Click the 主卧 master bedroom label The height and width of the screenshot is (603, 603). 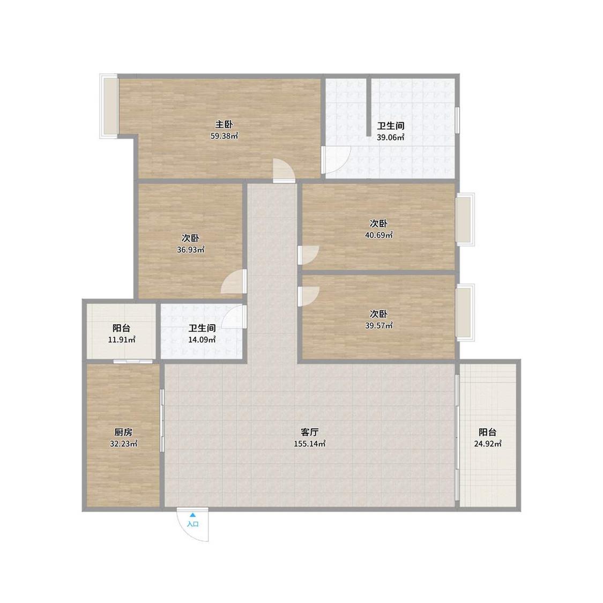(x=224, y=124)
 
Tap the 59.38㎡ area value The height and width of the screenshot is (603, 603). (x=224, y=136)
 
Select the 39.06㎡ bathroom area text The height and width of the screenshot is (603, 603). (x=390, y=137)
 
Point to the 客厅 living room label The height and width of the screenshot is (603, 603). (x=310, y=432)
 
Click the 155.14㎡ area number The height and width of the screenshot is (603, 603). (x=310, y=443)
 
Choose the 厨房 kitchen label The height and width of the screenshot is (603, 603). (x=123, y=432)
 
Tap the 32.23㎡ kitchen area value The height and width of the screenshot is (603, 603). (x=123, y=443)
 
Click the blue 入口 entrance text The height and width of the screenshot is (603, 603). (x=192, y=524)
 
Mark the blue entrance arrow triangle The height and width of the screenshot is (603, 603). (x=192, y=515)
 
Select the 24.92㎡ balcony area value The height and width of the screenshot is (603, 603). (x=488, y=443)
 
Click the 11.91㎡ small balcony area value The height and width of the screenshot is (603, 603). (x=122, y=340)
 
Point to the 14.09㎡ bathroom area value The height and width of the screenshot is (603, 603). (x=202, y=340)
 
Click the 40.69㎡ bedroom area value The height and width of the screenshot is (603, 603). (x=379, y=235)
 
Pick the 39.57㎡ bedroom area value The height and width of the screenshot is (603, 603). (x=379, y=325)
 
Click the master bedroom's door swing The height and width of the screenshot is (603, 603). (x=284, y=170)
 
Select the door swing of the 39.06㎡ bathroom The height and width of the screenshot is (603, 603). (x=336, y=160)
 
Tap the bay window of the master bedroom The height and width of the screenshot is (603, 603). (x=109, y=106)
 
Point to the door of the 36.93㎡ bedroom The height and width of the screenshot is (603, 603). (x=234, y=282)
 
